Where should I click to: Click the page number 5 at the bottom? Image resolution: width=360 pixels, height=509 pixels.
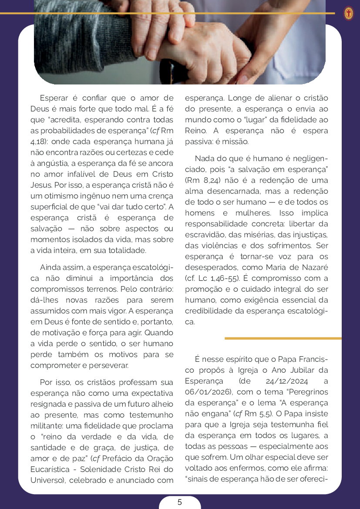coord(179,502)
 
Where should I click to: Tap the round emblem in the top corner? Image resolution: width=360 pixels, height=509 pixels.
coord(348,13)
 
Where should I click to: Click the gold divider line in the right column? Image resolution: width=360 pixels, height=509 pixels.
coord(283,338)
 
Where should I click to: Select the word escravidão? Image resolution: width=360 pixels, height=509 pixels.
coord(205,235)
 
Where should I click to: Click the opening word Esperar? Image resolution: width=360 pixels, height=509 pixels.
coord(54,98)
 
